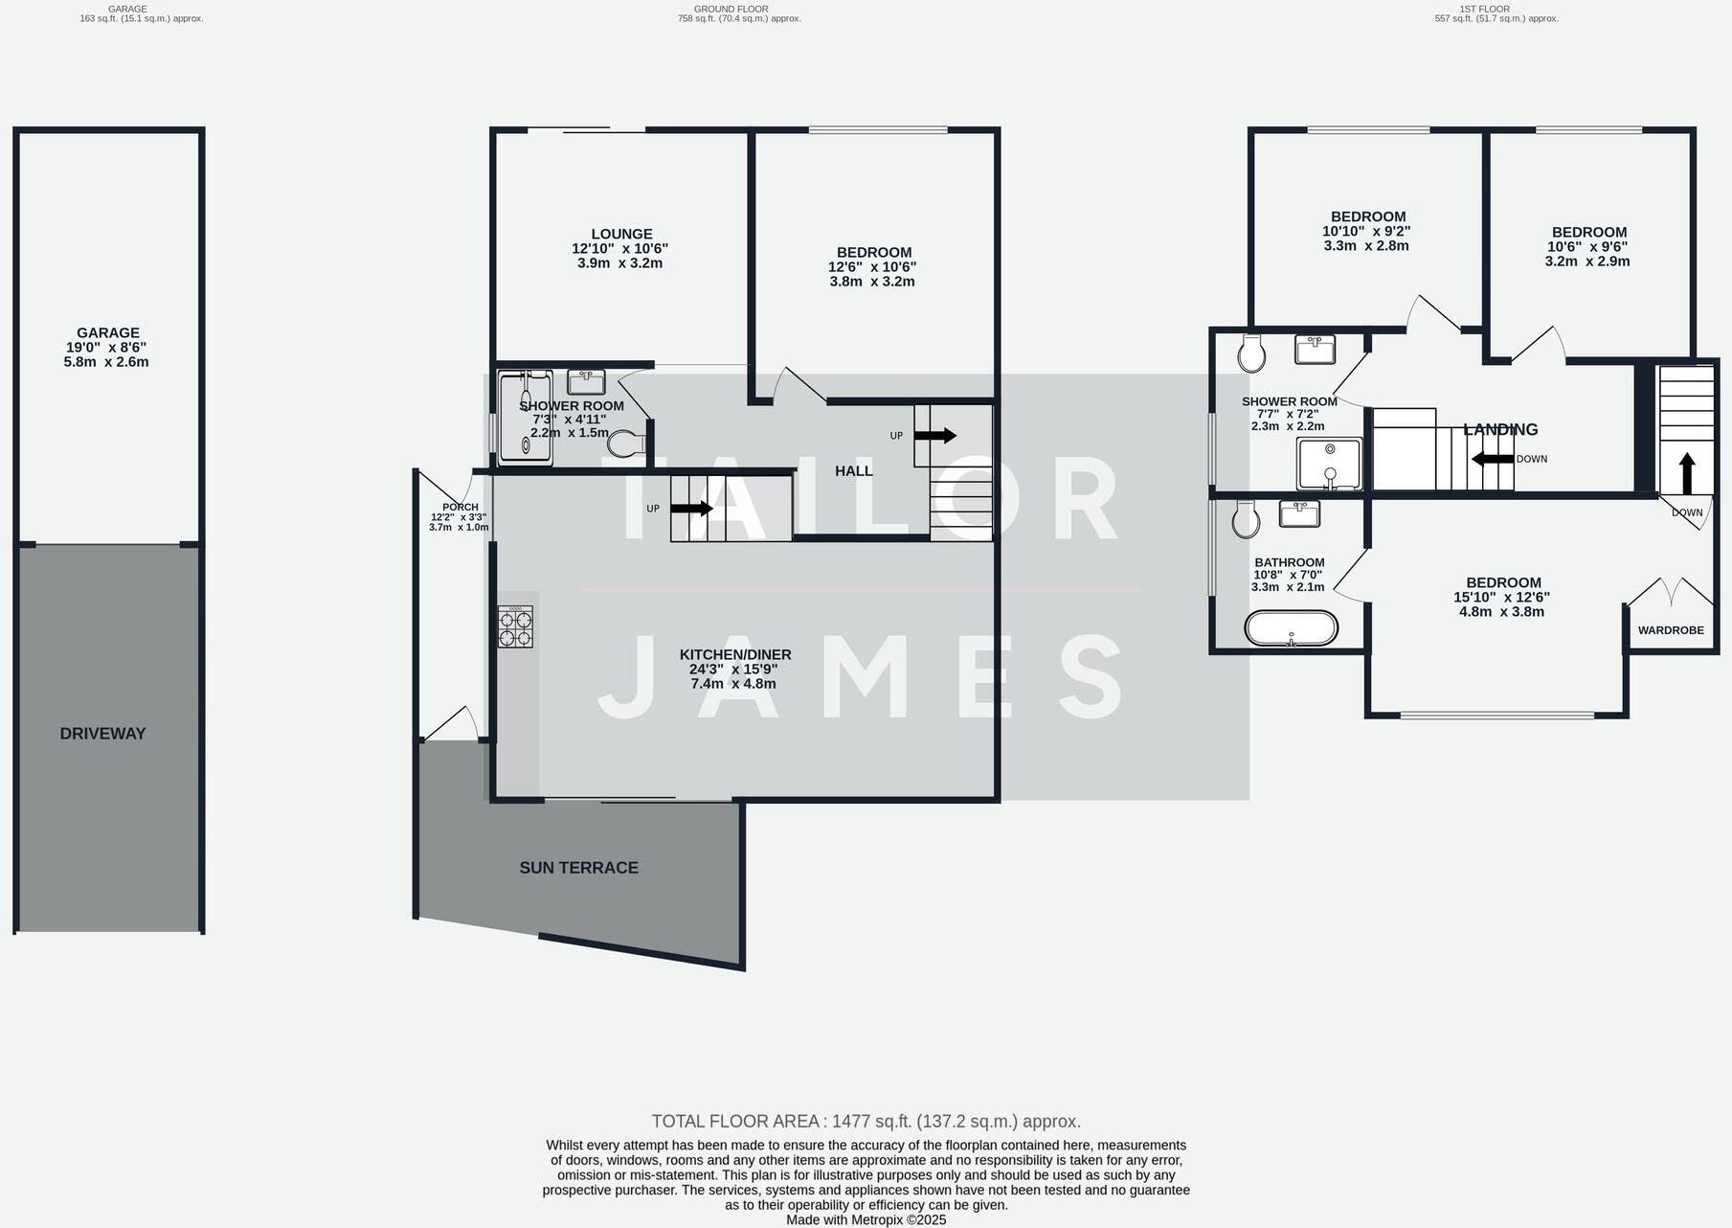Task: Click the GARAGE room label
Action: [108, 333]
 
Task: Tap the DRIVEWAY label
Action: [102, 734]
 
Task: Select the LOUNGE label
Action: [621, 234]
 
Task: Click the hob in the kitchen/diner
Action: [515, 627]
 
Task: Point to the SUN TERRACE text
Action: [578, 868]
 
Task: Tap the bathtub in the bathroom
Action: [1291, 628]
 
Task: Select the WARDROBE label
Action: [1671, 630]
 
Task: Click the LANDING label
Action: [1500, 430]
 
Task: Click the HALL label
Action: [853, 471]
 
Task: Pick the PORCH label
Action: [461, 508]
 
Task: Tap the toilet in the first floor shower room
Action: [1251, 353]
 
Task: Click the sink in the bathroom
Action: [1299, 513]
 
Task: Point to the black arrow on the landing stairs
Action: [1493, 459]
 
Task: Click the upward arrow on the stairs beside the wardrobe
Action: [1687, 473]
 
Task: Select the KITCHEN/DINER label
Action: [735, 655]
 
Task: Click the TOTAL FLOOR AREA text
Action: [866, 1122]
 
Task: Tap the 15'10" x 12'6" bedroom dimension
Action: [1501, 597]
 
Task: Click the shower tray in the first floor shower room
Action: [1329, 464]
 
